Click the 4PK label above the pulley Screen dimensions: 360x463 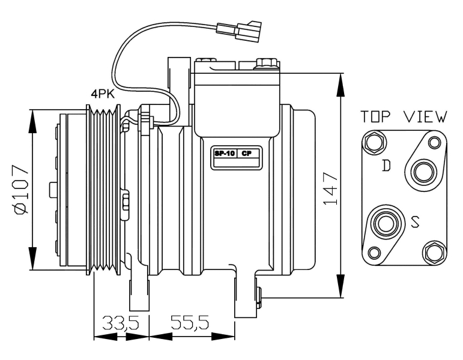coord(104,94)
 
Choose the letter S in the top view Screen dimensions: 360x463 coord(415,224)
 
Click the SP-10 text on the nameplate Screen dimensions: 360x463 coord(225,154)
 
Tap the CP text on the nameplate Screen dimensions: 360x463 coord(246,154)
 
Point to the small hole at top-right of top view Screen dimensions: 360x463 coord(434,142)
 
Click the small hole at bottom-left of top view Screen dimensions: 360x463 coord(374,252)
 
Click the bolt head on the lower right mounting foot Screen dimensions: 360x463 coord(259,293)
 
